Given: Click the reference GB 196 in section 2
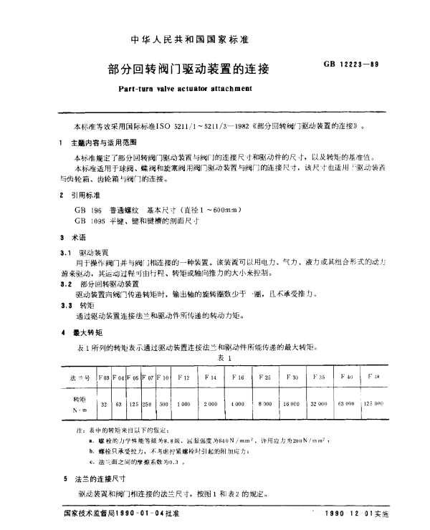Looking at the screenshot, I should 84,208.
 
